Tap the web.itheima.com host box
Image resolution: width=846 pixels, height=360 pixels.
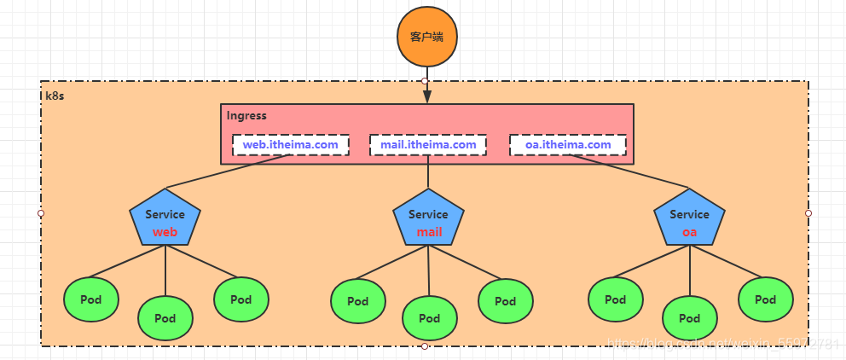[290, 145]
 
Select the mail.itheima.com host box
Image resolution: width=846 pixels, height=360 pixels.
[428, 145]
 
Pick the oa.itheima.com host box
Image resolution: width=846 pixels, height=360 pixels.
[568, 145]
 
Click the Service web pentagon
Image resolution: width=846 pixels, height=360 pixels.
[165, 221]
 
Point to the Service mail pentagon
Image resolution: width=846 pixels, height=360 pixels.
[428, 221]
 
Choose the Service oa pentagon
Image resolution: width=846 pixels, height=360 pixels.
[689, 221]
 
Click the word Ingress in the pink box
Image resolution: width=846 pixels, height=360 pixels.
[246, 115]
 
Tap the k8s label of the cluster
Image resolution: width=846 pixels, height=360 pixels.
[55, 95]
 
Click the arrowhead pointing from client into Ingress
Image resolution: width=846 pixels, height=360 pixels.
[427, 97]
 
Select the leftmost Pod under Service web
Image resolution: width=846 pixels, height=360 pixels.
[91, 299]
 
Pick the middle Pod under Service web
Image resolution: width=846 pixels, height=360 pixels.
[165, 318]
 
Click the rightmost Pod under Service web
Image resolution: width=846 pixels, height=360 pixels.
[241, 299]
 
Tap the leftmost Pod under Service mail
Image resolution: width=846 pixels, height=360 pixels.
[357, 301]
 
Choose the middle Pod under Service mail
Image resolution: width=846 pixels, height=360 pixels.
[430, 318]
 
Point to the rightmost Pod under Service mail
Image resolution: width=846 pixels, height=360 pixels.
[506, 301]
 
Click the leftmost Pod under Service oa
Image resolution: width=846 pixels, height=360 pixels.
[616, 299]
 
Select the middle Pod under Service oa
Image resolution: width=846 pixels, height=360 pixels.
[690, 318]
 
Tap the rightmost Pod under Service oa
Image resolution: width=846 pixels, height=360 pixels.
[766, 299]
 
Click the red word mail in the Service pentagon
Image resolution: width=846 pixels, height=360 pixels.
[429, 232]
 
